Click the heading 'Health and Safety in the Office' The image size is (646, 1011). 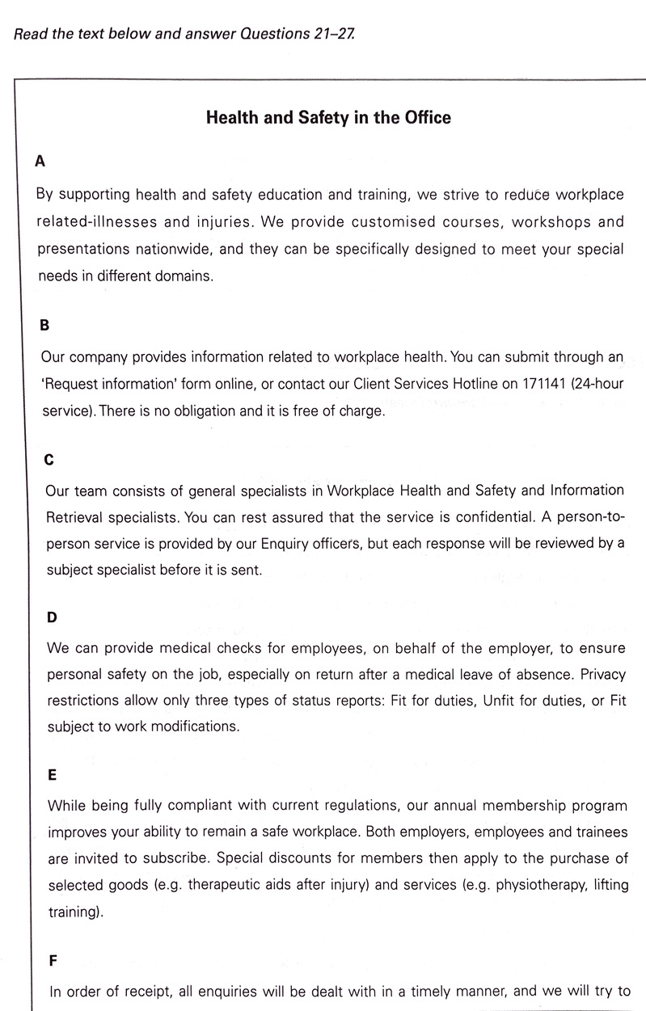[328, 118]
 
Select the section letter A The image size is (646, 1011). [40, 161]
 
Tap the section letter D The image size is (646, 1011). [52, 617]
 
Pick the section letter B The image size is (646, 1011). [45, 326]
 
